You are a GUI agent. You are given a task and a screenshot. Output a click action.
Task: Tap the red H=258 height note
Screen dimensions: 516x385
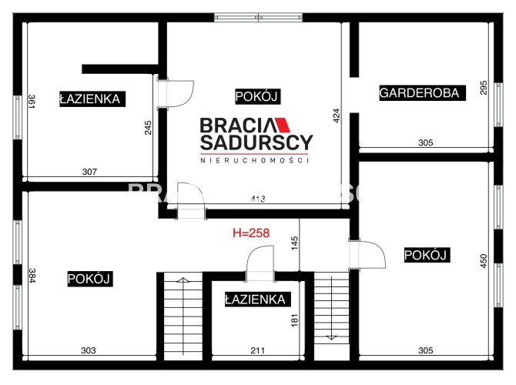(x=251, y=233)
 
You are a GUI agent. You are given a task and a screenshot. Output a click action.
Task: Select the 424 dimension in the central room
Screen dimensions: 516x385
(x=337, y=115)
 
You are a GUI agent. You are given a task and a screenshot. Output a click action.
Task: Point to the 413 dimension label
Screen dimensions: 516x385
(x=258, y=199)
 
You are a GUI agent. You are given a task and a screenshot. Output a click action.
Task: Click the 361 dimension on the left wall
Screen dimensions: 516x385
(x=32, y=102)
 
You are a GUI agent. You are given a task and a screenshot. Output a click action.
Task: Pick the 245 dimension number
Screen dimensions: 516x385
(x=148, y=127)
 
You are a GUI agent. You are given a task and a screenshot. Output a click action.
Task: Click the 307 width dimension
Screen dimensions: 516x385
(x=89, y=172)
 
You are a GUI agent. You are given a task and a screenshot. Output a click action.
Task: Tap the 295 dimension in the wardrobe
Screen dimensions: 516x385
(x=484, y=88)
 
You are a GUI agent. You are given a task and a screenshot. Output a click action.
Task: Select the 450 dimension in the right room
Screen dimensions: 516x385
(x=484, y=260)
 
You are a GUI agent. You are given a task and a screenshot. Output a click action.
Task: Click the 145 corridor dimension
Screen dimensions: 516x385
(x=294, y=243)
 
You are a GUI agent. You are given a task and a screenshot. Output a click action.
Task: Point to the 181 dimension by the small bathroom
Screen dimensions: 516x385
(x=294, y=320)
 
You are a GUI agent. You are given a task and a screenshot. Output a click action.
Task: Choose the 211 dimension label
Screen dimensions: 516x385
(x=258, y=350)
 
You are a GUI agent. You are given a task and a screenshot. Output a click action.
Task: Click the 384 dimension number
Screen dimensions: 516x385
(x=32, y=276)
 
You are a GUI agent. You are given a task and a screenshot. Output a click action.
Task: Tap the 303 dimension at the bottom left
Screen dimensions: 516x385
(x=89, y=350)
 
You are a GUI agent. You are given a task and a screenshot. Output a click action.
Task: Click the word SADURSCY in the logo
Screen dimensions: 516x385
(x=256, y=142)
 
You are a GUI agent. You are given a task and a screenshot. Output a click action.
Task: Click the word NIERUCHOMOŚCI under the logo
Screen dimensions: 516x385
(x=255, y=161)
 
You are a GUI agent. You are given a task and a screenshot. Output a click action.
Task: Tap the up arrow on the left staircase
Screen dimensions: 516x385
(x=183, y=280)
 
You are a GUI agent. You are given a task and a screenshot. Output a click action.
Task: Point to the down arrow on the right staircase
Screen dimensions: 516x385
(x=331, y=337)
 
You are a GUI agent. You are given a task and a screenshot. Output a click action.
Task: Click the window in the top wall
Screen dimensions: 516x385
(x=258, y=18)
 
